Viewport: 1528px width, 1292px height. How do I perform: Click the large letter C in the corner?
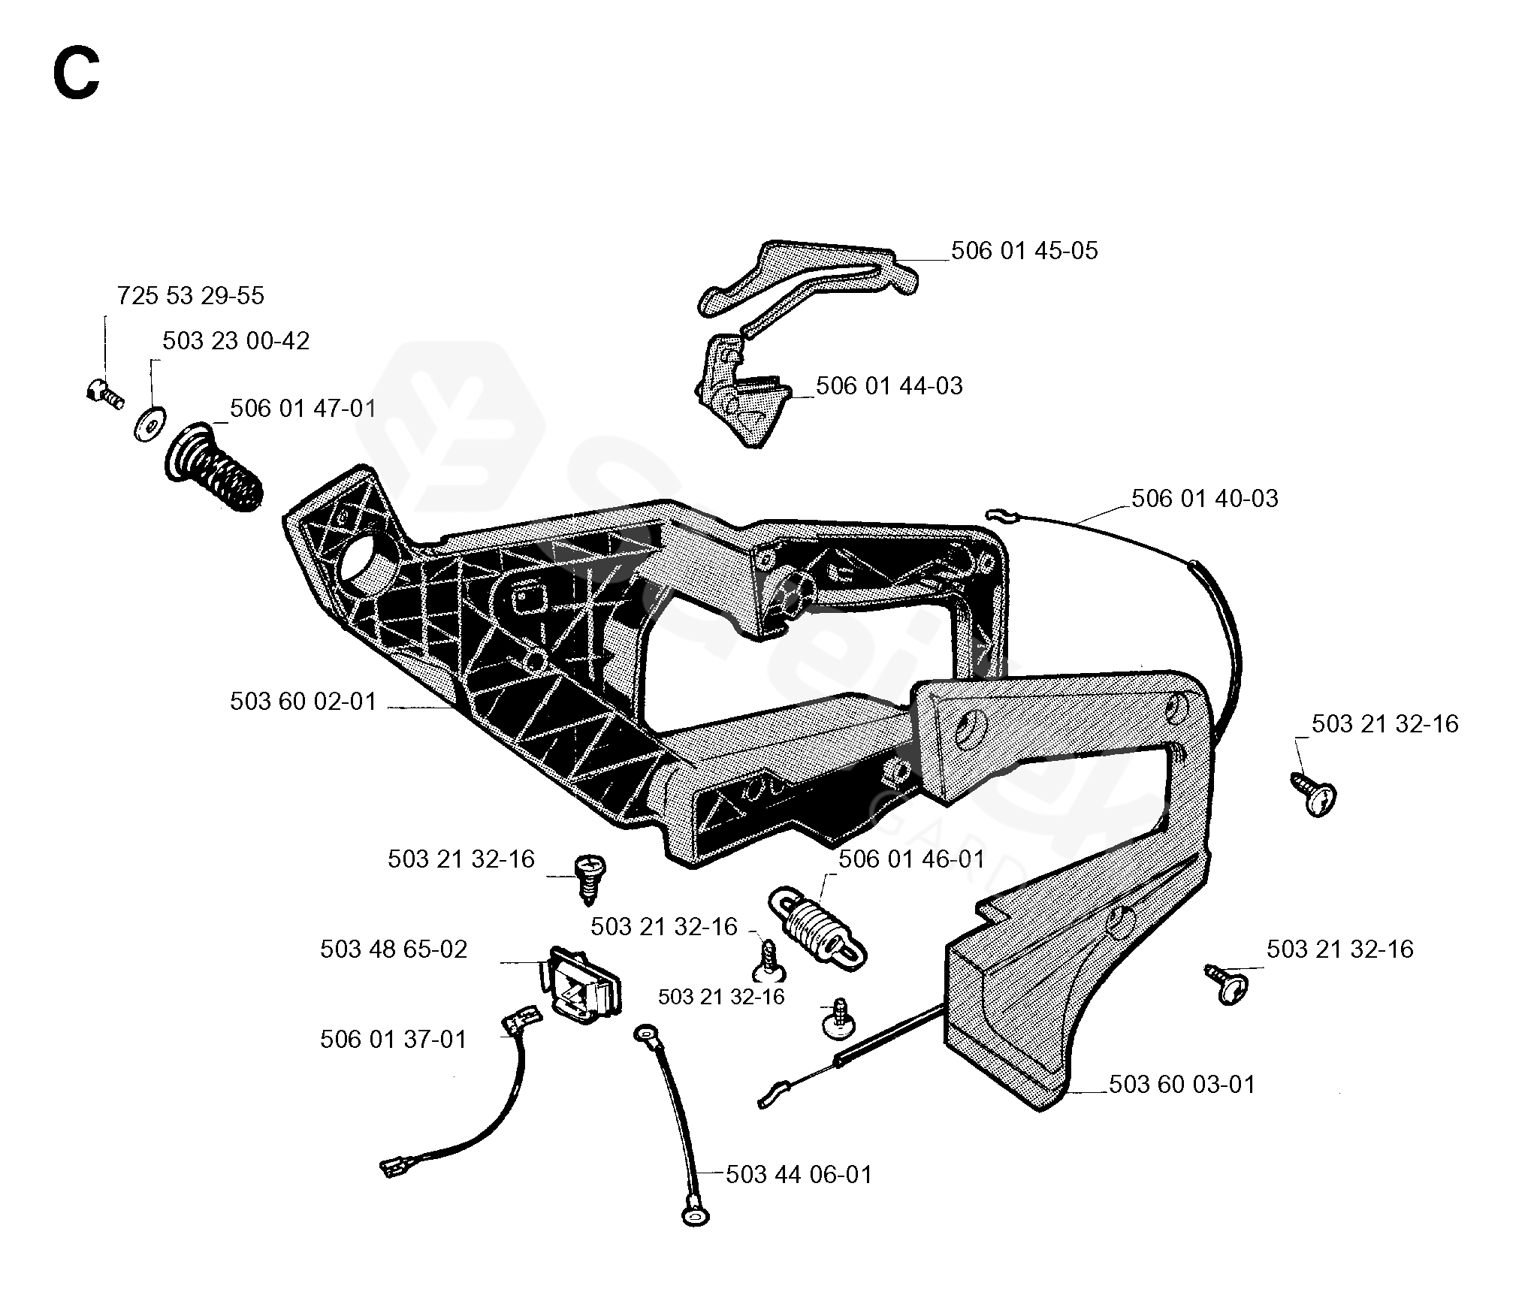[x=76, y=77]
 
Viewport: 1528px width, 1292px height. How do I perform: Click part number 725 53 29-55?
[x=190, y=296]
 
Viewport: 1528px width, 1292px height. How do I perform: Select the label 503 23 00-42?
[x=235, y=341]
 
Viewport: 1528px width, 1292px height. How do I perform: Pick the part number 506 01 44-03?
[x=889, y=386]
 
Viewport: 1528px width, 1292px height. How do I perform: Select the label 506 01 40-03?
[x=1204, y=499]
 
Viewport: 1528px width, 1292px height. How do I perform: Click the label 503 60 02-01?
[x=302, y=702]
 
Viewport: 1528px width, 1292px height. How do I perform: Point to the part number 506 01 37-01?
[x=393, y=1040]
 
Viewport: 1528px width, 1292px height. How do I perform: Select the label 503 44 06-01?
[x=799, y=1175]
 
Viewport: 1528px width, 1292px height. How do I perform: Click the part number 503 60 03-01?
[x=1182, y=1085]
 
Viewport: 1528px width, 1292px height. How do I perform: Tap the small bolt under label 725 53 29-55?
[x=103, y=393]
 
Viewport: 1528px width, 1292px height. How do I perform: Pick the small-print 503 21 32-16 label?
[x=720, y=997]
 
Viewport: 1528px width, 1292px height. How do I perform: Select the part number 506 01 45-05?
[x=1024, y=251]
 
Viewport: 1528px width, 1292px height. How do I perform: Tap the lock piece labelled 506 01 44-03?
[x=740, y=398]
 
